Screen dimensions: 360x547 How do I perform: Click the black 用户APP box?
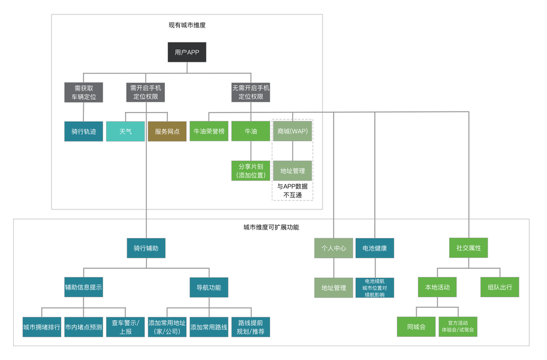pyautogui.click(x=187, y=52)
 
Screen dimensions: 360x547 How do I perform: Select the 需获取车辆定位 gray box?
pyautogui.click(x=83, y=92)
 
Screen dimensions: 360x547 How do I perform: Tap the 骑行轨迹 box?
pyautogui.click(x=83, y=131)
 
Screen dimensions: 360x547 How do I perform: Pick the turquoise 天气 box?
pyautogui.click(x=125, y=131)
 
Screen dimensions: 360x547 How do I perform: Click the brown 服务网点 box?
pyautogui.click(x=167, y=131)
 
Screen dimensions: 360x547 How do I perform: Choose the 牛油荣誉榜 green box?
pyautogui.click(x=209, y=131)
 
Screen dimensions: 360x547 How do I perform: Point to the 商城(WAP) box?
pyautogui.click(x=293, y=131)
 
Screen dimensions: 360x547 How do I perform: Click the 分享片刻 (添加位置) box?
pyautogui.click(x=251, y=170)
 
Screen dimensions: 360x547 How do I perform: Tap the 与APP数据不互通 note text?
pyautogui.click(x=293, y=190)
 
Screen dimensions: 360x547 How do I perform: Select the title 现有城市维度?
pyautogui.click(x=187, y=25)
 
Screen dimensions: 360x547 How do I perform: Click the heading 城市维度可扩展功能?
pyautogui.click(x=271, y=227)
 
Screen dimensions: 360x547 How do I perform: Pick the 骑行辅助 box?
pyautogui.click(x=146, y=248)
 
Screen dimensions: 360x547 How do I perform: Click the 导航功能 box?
pyautogui.click(x=209, y=287)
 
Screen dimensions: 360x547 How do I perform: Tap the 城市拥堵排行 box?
pyautogui.click(x=42, y=327)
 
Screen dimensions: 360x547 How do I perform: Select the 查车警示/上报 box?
pyautogui.click(x=125, y=327)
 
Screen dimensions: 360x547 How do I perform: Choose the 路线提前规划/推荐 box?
pyautogui.click(x=251, y=327)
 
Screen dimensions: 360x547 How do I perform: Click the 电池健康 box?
pyautogui.click(x=375, y=248)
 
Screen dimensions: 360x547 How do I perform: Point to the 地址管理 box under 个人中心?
pyautogui.click(x=333, y=288)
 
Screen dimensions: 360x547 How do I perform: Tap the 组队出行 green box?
pyautogui.click(x=500, y=287)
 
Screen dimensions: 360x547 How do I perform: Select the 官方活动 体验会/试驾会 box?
pyautogui.click(x=458, y=327)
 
